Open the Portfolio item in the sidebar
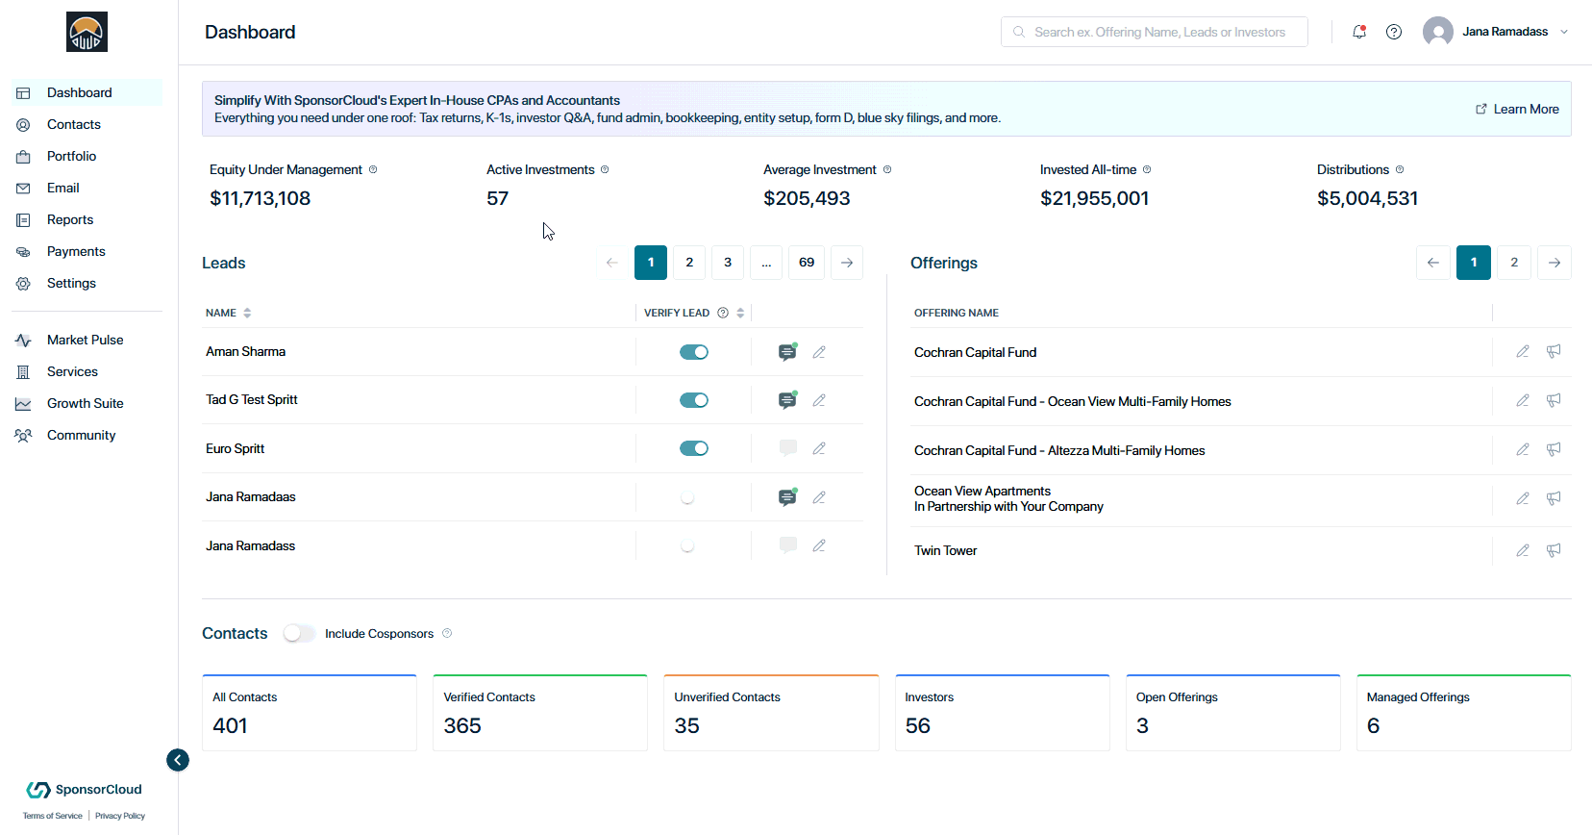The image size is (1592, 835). point(71,156)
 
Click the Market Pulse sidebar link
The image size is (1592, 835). point(85,340)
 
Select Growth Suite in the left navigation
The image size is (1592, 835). point(85,403)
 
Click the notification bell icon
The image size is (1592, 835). point(1359,32)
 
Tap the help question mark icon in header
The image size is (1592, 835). point(1394,32)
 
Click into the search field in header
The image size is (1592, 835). point(1155,32)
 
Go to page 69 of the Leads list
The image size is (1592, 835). point(806,263)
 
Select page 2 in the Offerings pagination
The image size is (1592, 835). point(1514,263)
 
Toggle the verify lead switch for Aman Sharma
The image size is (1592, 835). point(694,352)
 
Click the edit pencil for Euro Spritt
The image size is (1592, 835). point(819,449)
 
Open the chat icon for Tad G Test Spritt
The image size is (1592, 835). point(786,400)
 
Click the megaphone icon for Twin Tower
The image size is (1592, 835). point(1554,550)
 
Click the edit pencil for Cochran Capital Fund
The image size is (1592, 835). point(1523,352)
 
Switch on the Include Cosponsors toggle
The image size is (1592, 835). point(299,634)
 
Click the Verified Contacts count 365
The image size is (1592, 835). point(462,725)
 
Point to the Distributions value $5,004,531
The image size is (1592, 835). point(1367,198)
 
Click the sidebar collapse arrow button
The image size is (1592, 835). point(178,760)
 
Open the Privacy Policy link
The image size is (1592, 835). point(120,816)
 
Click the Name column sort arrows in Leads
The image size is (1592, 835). point(247,313)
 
